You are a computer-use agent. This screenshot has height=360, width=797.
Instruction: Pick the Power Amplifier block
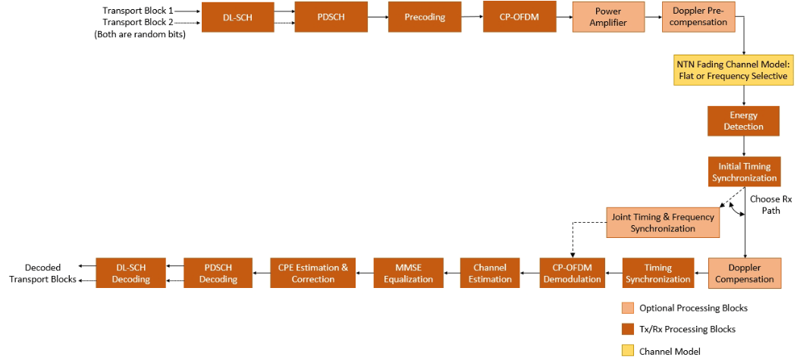tap(608, 17)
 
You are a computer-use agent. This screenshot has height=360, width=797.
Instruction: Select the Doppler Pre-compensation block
tap(698, 17)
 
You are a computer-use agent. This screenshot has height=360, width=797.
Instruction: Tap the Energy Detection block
tap(743, 121)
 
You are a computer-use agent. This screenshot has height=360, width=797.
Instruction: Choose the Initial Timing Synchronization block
tap(743, 173)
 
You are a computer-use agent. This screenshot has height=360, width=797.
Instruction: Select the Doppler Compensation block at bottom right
tap(744, 273)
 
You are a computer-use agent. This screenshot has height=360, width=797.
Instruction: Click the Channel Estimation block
tap(490, 273)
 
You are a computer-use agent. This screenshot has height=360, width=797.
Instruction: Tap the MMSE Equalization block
tap(408, 273)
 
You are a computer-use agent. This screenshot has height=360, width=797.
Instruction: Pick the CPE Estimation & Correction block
tap(313, 273)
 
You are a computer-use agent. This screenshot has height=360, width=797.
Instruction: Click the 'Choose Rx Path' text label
tap(770, 205)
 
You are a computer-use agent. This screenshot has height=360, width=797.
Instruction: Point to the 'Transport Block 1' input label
tap(137, 11)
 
